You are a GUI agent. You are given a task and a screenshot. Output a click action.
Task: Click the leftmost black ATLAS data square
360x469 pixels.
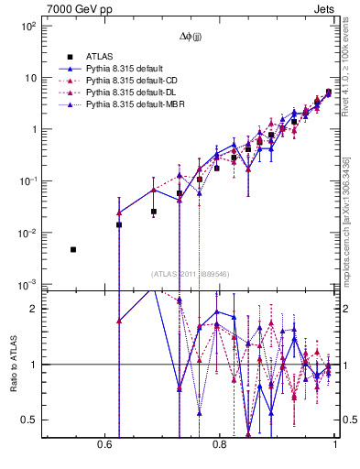tap(73, 249)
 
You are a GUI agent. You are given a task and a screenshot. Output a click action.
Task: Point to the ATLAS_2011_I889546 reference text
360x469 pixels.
tap(190, 275)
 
